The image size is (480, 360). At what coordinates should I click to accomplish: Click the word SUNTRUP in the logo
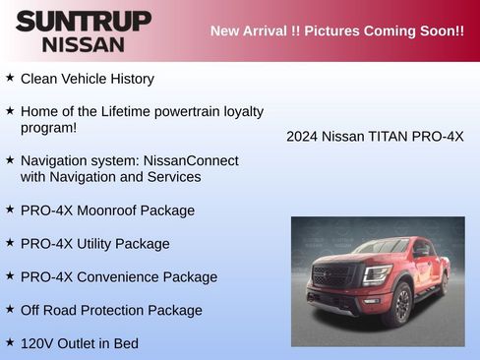tap(83, 21)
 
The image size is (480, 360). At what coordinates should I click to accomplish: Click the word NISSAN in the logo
tap(83, 44)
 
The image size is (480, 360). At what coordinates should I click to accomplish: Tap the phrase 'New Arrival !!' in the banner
tap(255, 30)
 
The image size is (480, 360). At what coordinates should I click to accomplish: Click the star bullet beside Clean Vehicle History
tap(10, 77)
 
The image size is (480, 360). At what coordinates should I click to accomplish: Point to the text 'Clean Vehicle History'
tap(87, 79)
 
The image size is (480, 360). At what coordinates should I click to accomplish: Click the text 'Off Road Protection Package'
tap(111, 311)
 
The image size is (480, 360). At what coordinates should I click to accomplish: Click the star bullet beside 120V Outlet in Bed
tap(10, 342)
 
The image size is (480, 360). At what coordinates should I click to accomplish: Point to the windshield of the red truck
tap(380, 247)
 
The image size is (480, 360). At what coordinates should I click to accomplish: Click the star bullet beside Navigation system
tap(10, 158)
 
